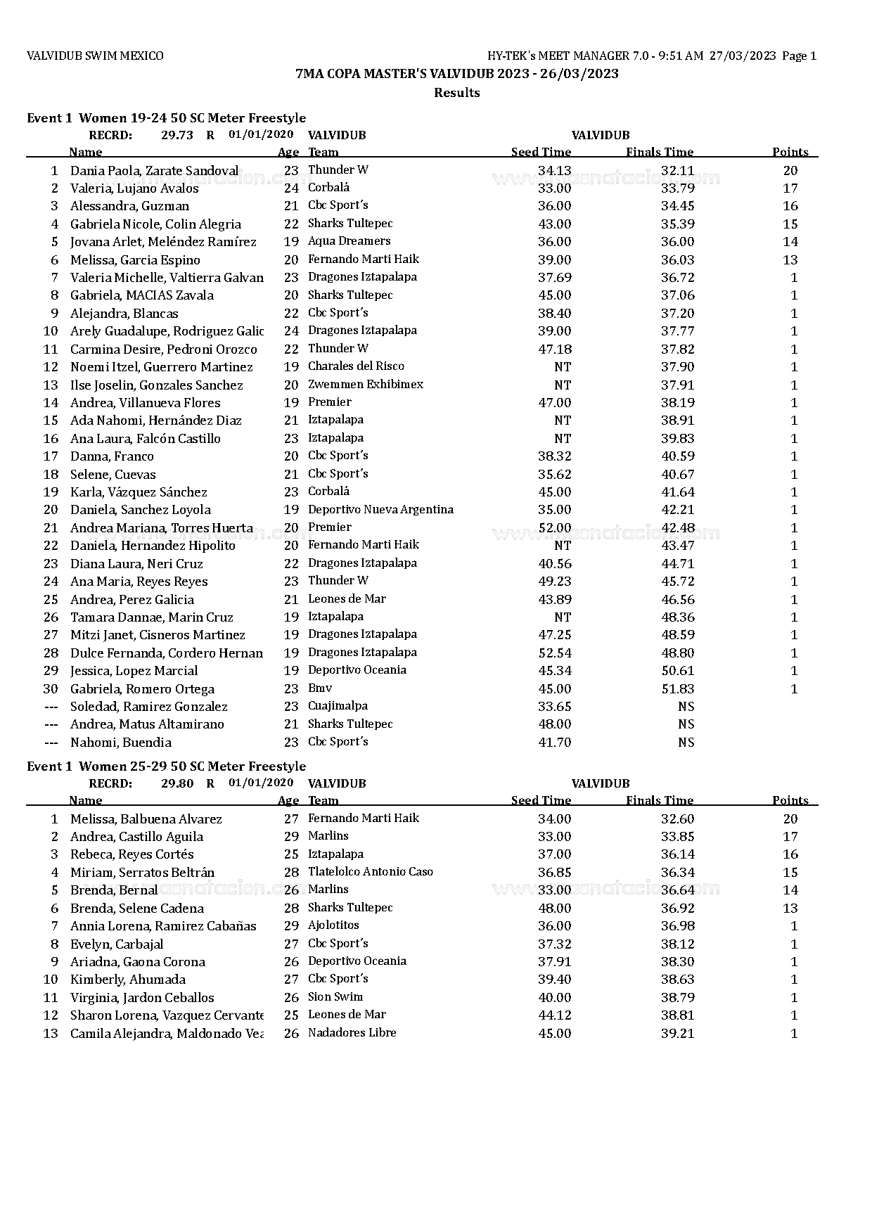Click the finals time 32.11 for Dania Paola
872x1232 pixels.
677,171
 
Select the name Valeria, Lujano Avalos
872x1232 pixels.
134,188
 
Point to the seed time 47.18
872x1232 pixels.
554,349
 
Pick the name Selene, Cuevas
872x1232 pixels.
113,475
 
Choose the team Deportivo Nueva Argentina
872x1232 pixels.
380,510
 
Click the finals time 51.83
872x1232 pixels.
677,689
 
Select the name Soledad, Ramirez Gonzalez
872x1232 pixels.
149,707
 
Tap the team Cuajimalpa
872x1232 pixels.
338,706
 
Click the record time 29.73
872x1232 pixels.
177,135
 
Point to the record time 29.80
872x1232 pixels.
177,783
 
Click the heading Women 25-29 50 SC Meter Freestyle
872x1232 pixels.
192,766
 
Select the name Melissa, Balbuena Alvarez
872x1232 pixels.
146,819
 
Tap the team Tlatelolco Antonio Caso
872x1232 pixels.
371,872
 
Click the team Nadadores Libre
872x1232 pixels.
352,1033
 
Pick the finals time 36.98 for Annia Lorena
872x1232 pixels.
677,926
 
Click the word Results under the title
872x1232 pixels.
456,93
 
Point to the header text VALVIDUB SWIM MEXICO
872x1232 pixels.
95,56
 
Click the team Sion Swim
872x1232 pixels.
335,997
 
